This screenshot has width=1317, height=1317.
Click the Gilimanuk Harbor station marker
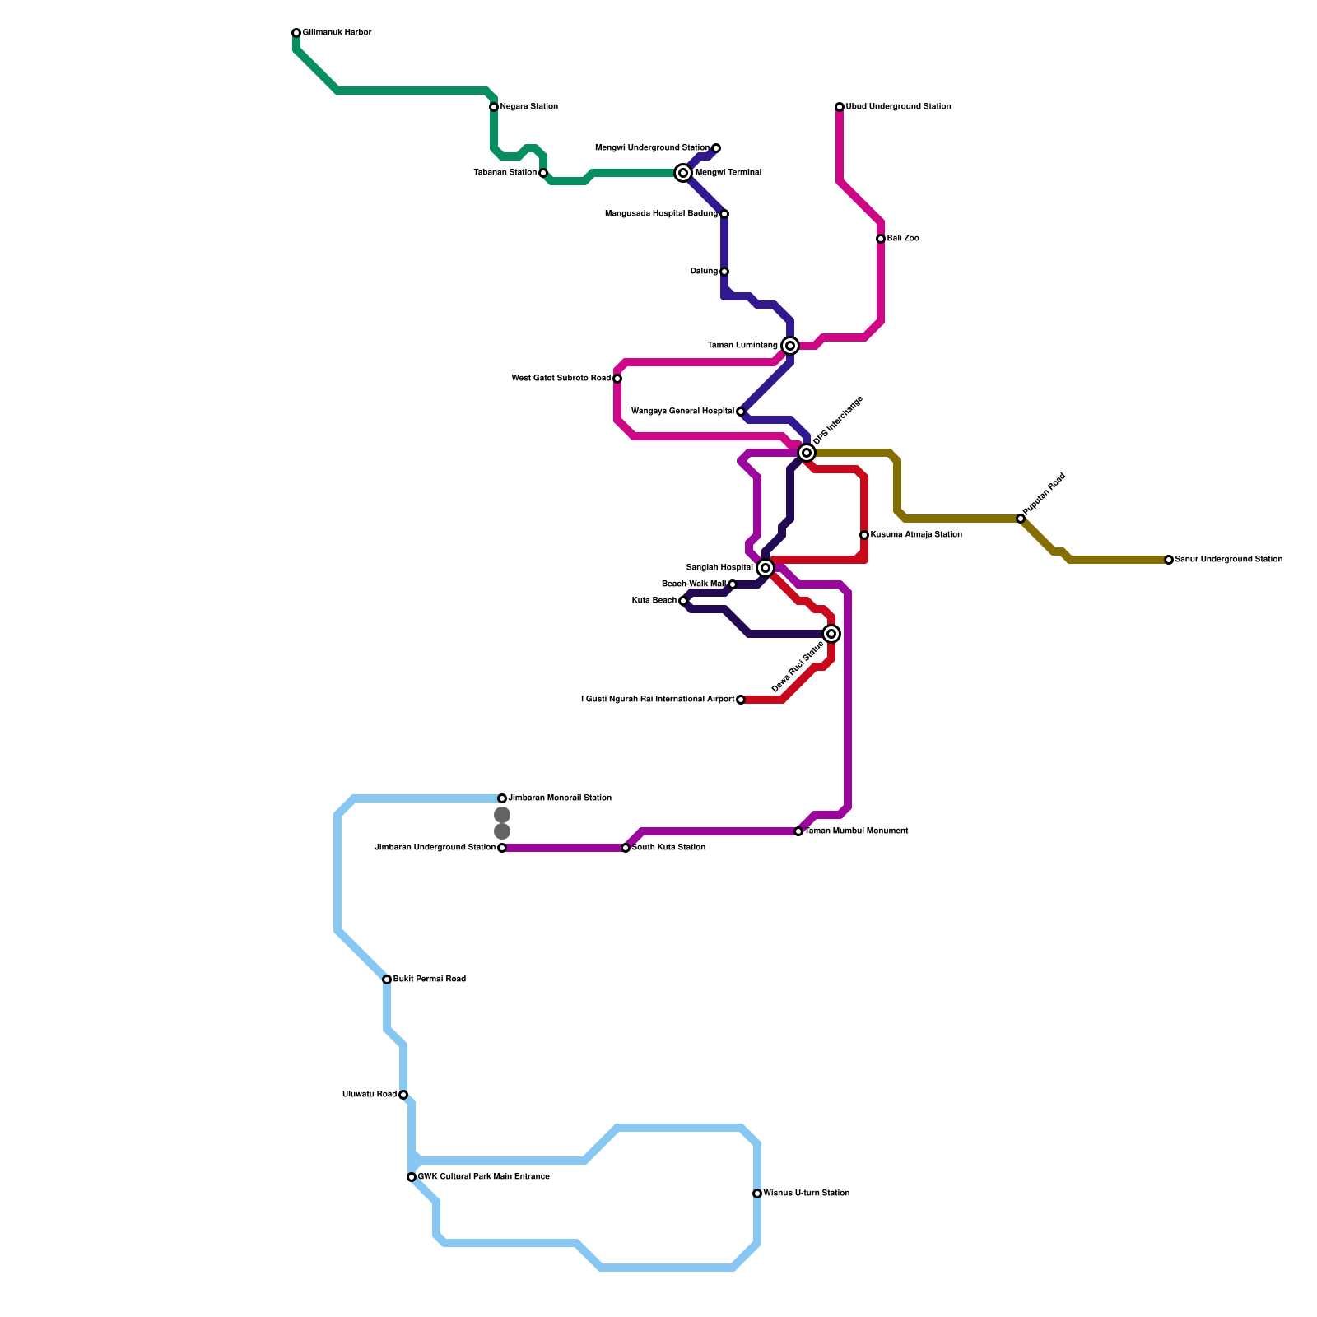pyautogui.click(x=296, y=33)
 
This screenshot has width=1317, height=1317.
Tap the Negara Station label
pyautogui.click(x=528, y=107)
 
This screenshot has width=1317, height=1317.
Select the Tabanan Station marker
pyautogui.click(x=543, y=173)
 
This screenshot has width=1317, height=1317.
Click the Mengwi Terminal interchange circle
pyautogui.click(x=683, y=173)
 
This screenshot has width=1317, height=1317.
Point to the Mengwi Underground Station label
pyautogui.click(x=652, y=148)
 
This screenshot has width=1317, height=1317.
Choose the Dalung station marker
pyautogui.click(x=724, y=272)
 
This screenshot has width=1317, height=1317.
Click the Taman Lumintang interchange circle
pyautogui.click(x=790, y=346)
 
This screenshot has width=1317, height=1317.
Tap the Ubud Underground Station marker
pyautogui.click(x=840, y=107)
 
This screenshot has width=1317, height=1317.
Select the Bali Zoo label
pyautogui.click(x=903, y=239)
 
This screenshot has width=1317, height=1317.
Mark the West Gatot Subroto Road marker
pyautogui.click(x=617, y=379)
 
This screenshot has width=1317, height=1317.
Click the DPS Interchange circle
pyautogui.click(x=807, y=453)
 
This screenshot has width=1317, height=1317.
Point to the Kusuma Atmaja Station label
pyautogui.click(x=916, y=535)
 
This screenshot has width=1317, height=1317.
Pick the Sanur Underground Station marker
pyautogui.click(x=1169, y=560)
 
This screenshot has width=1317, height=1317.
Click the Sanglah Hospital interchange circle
pyautogui.click(x=766, y=568)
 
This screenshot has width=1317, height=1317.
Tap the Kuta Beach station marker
pyautogui.click(x=683, y=601)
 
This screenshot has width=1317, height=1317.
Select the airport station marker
pyautogui.click(x=741, y=700)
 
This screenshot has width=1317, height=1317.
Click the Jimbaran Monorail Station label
pyautogui.click(x=560, y=798)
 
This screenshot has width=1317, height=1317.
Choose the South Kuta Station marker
pyautogui.click(x=626, y=848)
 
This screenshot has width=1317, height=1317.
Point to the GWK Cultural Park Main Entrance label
pyautogui.click(x=483, y=1177)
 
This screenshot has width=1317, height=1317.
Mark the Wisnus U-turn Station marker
pyautogui.click(x=757, y=1194)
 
